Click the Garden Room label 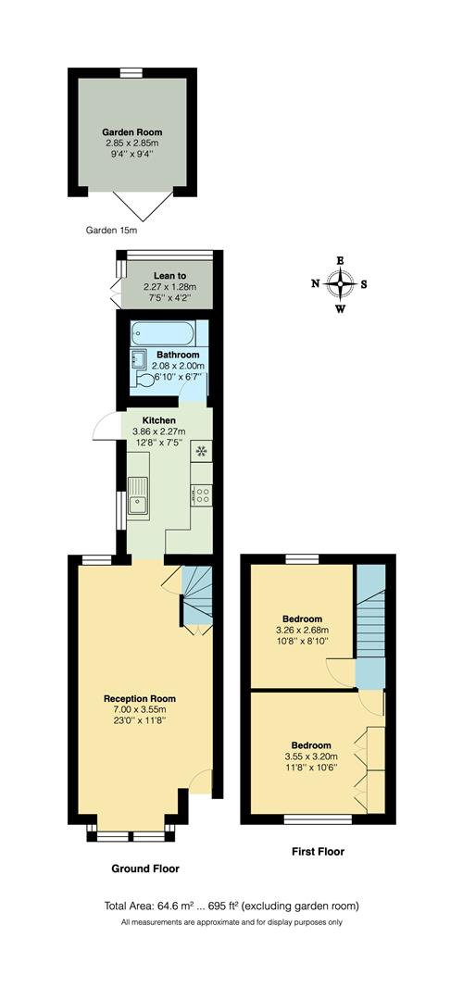pyautogui.click(x=131, y=132)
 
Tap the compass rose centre pyautogui.click(x=341, y=283)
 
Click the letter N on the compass pyautogui.click(x=316, y=284)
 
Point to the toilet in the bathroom pyautogui.click(x=145, y=380)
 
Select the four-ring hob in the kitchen pyautogui.click(x=201, y=495)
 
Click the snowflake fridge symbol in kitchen pyautogui.click(x=201, y=452)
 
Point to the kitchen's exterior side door pyautogui.click(x=107, y=428)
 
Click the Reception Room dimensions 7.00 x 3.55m pyautogui.click(x=139, y=710)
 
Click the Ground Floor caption pyautogui.click(x=145, y=869)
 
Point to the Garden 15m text pyautogui.click(x=111, y=230)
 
